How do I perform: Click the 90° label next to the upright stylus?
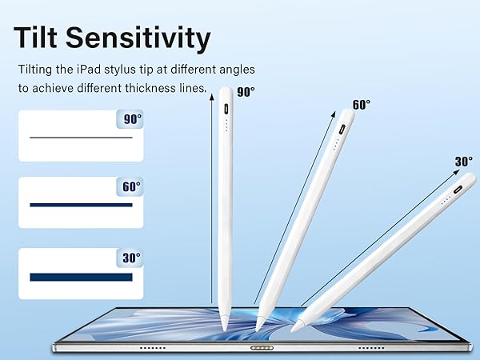pos(246,92)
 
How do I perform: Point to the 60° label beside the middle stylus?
pos(362,104)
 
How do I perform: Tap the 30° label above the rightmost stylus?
pos(464,162)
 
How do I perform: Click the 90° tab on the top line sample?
pos(130,120)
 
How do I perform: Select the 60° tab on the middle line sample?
pos(130,186)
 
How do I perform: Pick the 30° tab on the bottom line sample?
pos(130,258)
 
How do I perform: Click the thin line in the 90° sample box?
pos(81,138)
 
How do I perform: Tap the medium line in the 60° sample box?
pos(81,206)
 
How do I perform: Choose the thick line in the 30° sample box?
pos(81,277)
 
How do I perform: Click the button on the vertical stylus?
pos(226,108)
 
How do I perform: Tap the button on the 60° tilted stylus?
pos(342,128)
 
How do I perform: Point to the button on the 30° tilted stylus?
pos(458,190)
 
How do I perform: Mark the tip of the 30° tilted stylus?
pos(295,326)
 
